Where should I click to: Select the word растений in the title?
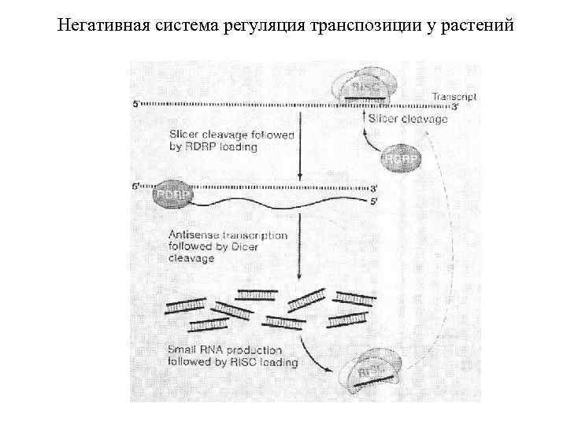478,26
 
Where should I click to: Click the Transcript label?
454,97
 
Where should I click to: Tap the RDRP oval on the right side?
401,159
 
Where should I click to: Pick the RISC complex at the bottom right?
378,371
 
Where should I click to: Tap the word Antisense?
193,235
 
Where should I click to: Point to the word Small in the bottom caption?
183,350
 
